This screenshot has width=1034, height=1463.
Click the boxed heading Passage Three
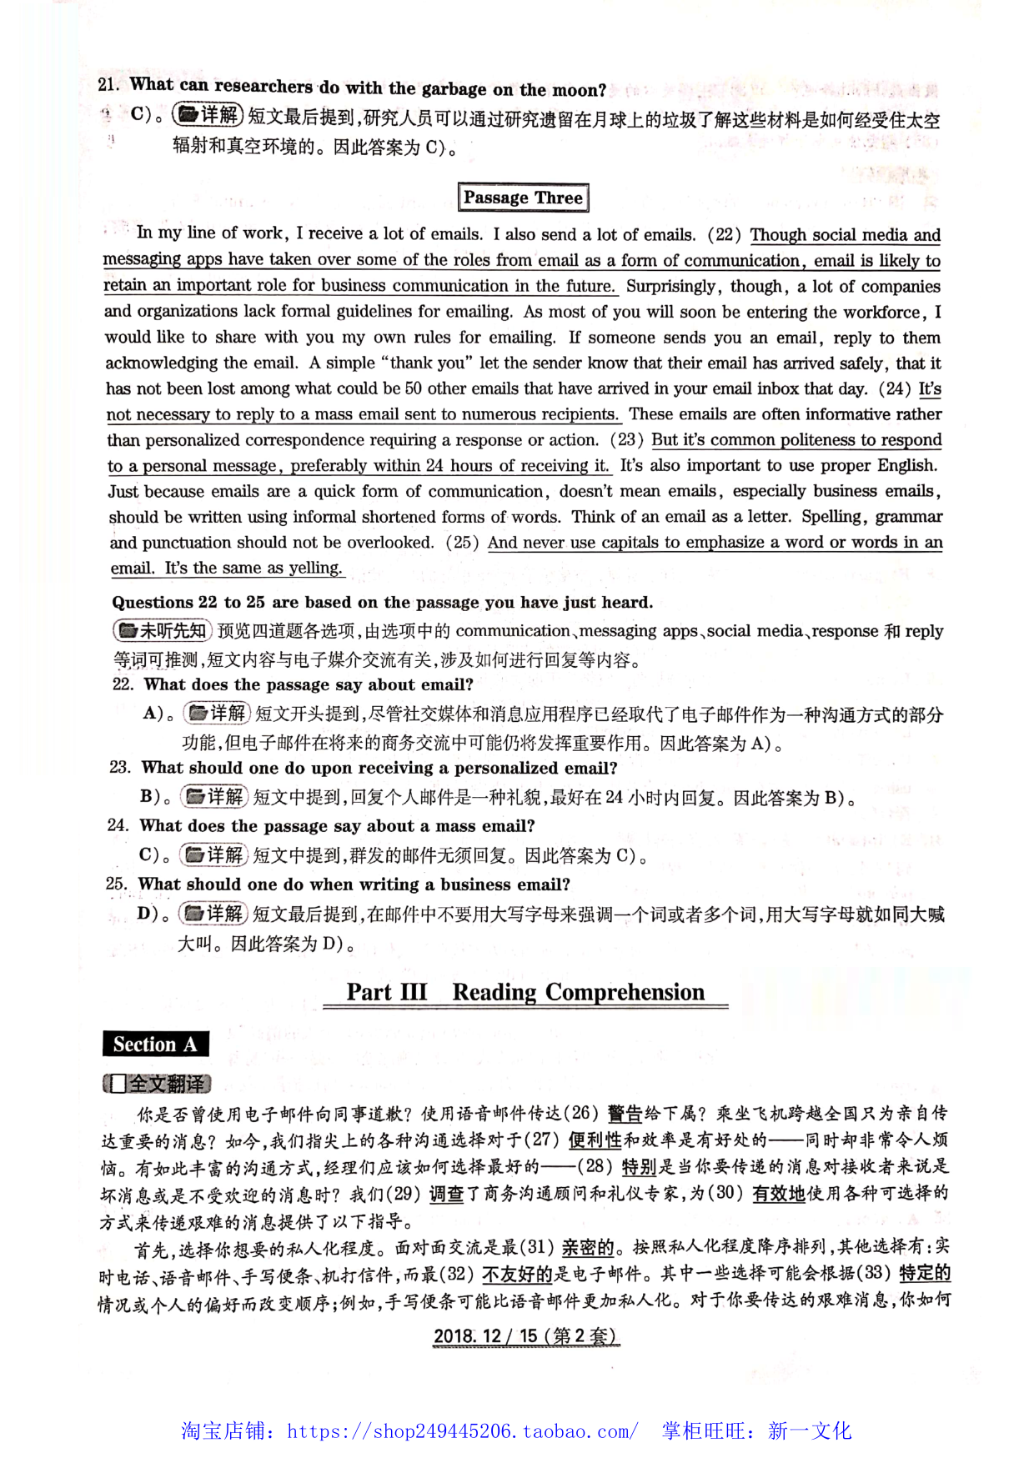pyautogui.click(x=523, y=198)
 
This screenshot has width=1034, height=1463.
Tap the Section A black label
pyautogui.click(x=155, y=1045)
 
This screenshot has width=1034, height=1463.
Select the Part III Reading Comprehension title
pyautogui.click(x=525, y=992)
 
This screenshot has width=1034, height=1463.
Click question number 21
pyautogui.click(x=108, y=84)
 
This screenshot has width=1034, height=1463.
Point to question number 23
pyautogui.click(x=120, y=767)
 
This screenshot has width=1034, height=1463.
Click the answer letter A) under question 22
pyautogui.click(x=156, y=713)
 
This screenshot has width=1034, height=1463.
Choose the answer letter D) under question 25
pyautogui.click(x=149, y=914)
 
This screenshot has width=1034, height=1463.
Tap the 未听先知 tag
pyautogui.click(x=163, y=631)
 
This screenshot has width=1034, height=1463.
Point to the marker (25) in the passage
pyautogui.click(x=462, y=543)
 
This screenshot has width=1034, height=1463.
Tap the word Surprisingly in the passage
pyautogui.click(x=670, y=286)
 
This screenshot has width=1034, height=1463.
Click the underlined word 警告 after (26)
pyautogui.click(x=625, y=1114)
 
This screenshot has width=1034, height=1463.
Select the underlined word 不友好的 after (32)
pyautogui.click(x=517, y=1274)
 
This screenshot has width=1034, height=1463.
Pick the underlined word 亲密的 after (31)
pyautogui.click(x=587, y=1247)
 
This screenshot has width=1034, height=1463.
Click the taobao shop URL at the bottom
pyautogui.click(x=462, y=1431)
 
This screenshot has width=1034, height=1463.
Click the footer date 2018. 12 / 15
pyautogui.click(x=484, y=1335)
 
